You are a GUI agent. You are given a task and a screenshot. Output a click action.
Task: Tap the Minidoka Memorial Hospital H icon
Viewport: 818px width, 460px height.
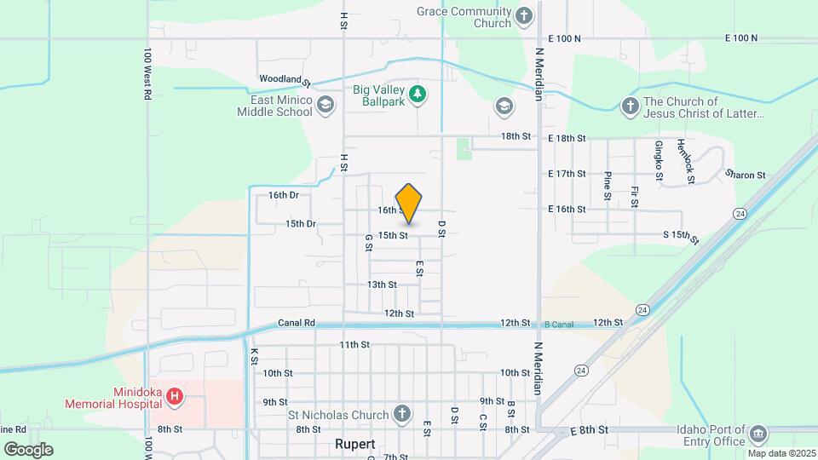pyautogui.click(x=175, y=396)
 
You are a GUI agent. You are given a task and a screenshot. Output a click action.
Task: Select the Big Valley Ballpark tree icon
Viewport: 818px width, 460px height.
pyautogui.click(x=417, y=93)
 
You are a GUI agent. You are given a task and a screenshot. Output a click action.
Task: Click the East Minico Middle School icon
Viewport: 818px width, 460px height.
pyautogui.click(x=324, y=105)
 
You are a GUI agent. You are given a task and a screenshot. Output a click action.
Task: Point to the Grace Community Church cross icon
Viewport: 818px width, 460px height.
pyautogui.click(x=524, y=15)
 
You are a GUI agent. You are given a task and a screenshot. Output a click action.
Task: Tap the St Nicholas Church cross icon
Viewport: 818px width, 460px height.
pyautogui.click(x=403, y=415)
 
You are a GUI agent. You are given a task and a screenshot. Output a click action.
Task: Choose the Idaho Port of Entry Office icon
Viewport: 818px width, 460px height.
pyautogui.click(x=758, y=435)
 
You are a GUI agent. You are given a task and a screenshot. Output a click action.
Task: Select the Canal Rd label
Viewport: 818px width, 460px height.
pyautogui.click(x=297, y=324)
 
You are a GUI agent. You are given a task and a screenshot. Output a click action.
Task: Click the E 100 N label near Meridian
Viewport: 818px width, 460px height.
pyautogui.click(x=565, y=38)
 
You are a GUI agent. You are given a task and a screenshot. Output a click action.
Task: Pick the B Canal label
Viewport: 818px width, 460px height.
pyautogui.click(x=560, y=324)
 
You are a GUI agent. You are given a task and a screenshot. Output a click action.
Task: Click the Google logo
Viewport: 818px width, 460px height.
pyautogui.click(x=28, y=449)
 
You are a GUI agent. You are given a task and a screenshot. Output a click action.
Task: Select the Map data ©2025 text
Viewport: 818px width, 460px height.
pyautogui.click(x=781, y=453)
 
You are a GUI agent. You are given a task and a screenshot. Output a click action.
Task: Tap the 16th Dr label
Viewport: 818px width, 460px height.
pyautogui.click(x=283, y=195)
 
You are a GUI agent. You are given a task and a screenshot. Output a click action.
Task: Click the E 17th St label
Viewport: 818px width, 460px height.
pyautogui.click(x=567, y=174)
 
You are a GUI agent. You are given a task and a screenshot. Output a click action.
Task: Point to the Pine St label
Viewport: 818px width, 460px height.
pyautogui.click(x=607, y=185)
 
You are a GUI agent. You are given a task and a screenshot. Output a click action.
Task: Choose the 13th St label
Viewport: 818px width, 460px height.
pyautogui.click(x=382, y=285)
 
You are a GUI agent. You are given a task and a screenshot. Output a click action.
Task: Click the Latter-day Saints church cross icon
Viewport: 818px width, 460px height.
pyautogui.click(x=630, y=106)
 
